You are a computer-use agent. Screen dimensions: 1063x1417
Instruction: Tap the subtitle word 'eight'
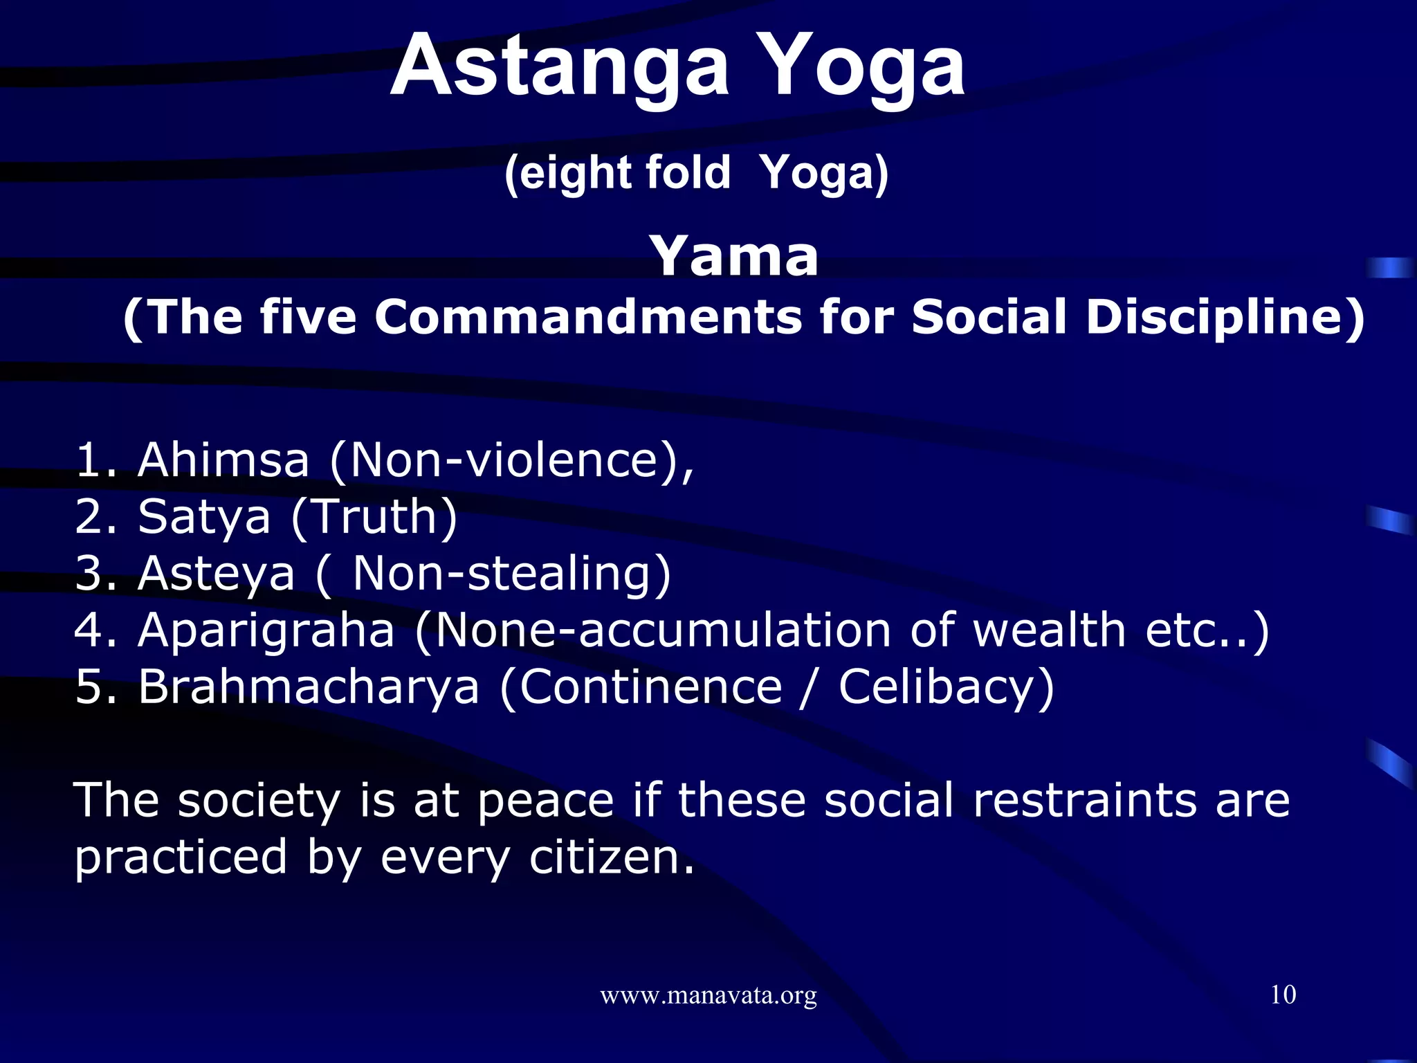pyautogui.click(x=560, y=172)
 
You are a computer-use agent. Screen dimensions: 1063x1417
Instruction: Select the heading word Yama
pyautogui.click(x=734, y=256)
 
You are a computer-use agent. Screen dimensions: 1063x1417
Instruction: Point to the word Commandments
pyautogui.click(x=588, y=317)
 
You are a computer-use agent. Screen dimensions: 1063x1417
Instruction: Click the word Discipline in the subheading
pyautogui.click(x=1225, y=317)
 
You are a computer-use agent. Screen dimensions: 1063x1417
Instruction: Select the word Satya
pyautogui.click(x=204, y=516)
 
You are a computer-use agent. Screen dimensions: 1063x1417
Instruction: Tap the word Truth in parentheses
pyautogui.click(x=374, y=516)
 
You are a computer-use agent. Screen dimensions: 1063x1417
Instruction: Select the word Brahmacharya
pyautogui.click(x=309, y=687)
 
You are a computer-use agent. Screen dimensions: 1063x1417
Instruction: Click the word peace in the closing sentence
pyautogui.click(x=546, y=800)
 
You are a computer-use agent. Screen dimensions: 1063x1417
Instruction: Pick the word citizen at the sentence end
pyautogui.click(x=611, y=857)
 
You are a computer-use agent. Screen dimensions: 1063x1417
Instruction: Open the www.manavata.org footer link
pyautogui.click(x=708, y=996)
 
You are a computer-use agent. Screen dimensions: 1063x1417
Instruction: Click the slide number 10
pyautogui.click(x=1283, y=994)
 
